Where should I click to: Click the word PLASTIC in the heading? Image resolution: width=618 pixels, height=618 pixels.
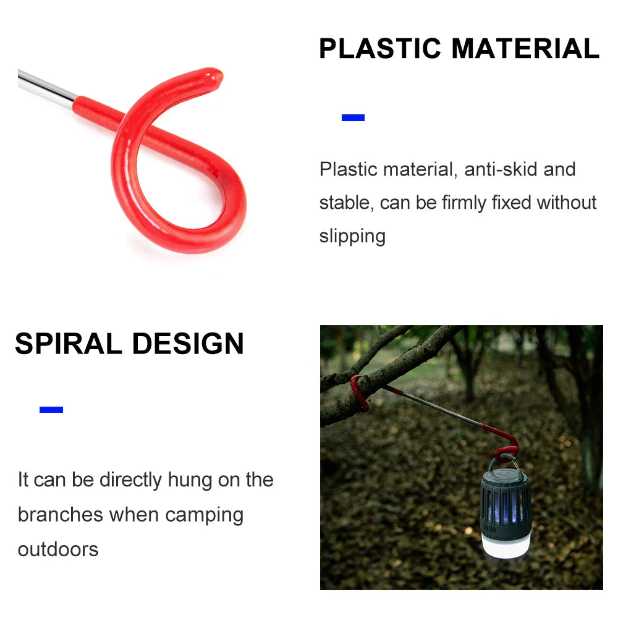tap(381, 49)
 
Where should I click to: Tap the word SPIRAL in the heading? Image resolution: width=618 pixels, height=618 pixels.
tap(67, 344)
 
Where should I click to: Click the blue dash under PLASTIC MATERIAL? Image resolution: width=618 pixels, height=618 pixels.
tap(353, 117)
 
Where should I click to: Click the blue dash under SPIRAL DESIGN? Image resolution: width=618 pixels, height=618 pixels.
tap(51, 409)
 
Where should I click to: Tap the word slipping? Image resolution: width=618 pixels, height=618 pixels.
tap(352, 236)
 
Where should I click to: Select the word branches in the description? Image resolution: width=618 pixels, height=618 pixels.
tap(61, 514)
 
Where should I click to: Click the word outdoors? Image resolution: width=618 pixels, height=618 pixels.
tap(58, 549)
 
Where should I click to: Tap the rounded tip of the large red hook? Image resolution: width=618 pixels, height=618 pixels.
tap(213, 77)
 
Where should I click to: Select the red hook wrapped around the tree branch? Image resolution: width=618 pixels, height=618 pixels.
tap(358, 392)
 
